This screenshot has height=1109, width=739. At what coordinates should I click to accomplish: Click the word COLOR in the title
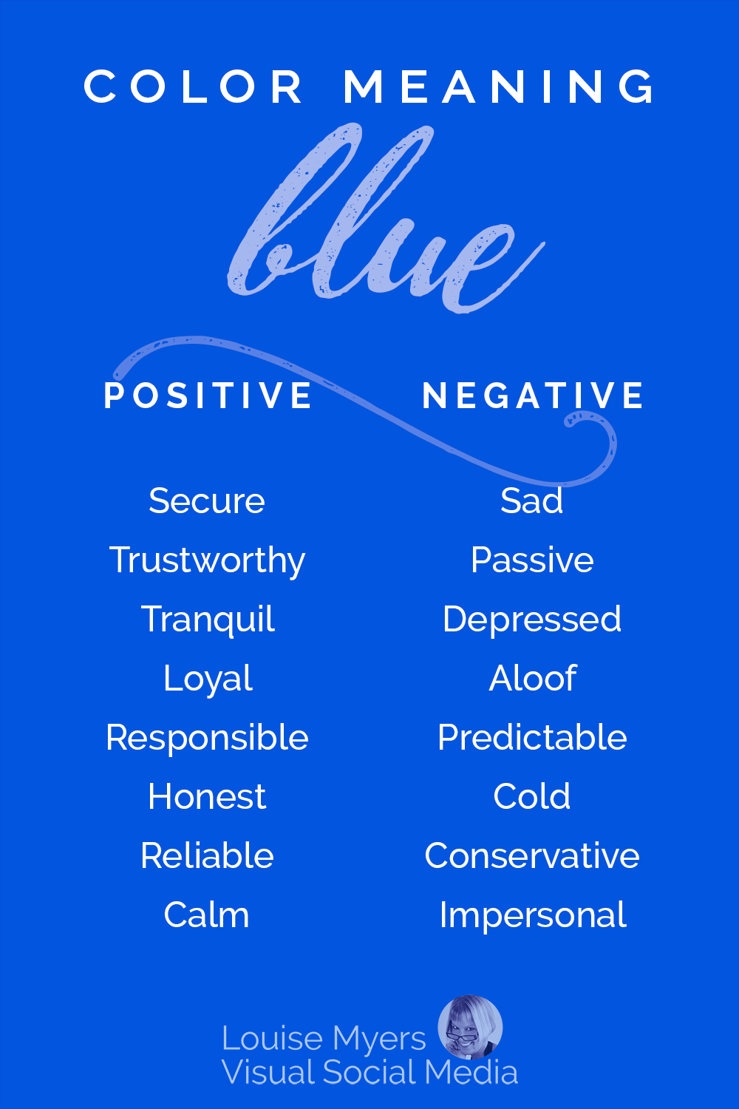click(x=193, y=87)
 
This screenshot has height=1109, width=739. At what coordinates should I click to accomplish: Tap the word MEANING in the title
click(x=500, y=87)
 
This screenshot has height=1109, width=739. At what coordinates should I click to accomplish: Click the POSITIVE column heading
click(x=208, y=396)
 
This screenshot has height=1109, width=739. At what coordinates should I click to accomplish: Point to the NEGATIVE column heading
click(x=532, y=396)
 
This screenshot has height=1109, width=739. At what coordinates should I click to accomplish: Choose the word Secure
click(x=207, y=501)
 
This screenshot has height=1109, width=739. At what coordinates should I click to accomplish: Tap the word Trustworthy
click(x=207, y=560)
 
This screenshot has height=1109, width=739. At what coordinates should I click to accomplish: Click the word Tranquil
click(x=208, y=620)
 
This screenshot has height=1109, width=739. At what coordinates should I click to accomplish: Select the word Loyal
click(x=208, y=679)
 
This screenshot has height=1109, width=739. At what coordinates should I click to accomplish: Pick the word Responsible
click(x=207, y=738)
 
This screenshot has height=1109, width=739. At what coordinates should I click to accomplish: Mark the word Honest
click(x=207, y=797)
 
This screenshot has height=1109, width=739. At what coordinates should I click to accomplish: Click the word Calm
click(x=207, y=915)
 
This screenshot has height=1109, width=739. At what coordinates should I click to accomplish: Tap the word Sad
click(x=532, y=501)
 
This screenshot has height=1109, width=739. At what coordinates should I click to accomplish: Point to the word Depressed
click(x=532, y=620)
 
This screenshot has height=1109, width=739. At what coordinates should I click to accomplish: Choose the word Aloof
click(x=532, y=679)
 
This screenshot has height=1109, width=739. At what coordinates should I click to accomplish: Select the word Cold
click(x=532, y=797)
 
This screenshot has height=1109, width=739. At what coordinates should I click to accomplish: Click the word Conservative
click(x=532, y=856)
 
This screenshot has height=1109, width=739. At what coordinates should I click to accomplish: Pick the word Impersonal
click(x=532, y=915)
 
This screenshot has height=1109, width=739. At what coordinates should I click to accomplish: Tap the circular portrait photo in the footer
click(x=470, y=1027)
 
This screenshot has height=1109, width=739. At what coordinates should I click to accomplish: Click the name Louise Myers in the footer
click(x=324, y=1039)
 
